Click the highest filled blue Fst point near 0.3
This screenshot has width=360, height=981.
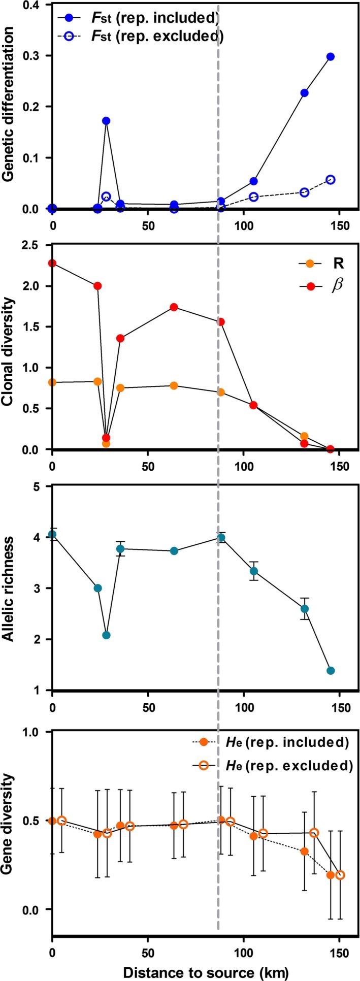331,56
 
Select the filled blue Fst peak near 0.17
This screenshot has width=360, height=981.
106,121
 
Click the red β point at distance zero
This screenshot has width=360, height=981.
52,263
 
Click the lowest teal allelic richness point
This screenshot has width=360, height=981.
331,670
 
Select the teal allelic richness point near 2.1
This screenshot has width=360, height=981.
106,635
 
